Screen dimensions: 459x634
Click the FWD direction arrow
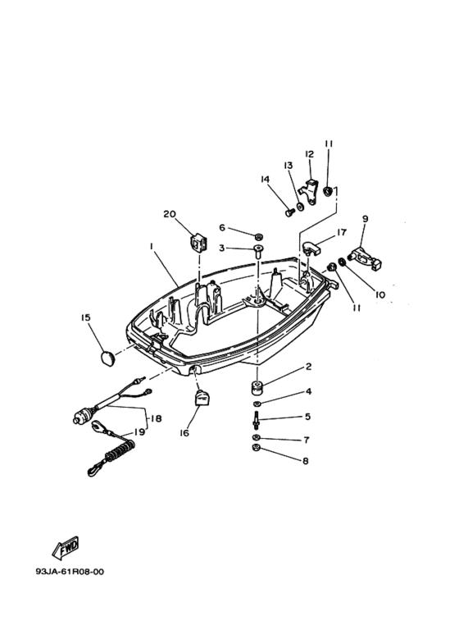click(x=65, y=548)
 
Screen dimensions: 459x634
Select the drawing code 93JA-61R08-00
click(x=69, y=572)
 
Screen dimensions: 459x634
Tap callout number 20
click(x=170, y=214)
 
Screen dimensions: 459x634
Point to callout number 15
click(x=85, y=317)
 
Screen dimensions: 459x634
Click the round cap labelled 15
click(x=107, y=359)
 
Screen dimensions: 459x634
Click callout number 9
click(x=365, y=219)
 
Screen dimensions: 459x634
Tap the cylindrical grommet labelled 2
click(x=257, y=386)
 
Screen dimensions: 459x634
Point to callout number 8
click(x=306, y=461)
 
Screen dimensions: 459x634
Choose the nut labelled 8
click(x=256, y=447)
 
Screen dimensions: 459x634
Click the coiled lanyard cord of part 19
click(x=115, y=453)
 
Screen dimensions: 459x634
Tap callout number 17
click(x=342, y=232)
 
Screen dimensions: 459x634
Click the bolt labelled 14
click(x=290, y=212)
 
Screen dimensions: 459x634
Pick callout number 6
click(x=222, y=228)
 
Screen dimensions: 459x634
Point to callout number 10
click(x=379, y=294)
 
